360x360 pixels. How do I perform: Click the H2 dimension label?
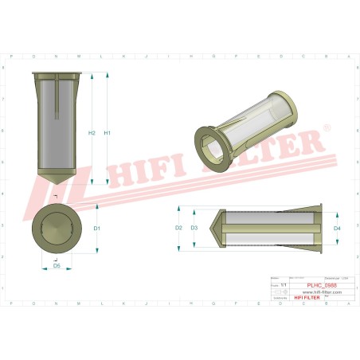pos(92,132)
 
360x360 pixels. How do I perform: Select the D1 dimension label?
pos(96,229)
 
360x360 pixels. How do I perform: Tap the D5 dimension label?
pos(56,267)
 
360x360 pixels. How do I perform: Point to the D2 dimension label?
pos(179,229)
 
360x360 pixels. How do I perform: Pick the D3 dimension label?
pos(194,229)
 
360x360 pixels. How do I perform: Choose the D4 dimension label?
pos(337,229)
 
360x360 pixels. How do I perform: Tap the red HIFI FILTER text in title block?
pos(305,298)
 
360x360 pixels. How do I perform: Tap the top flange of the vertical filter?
pos(56,74)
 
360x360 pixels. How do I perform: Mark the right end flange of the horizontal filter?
pos(320,229)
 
